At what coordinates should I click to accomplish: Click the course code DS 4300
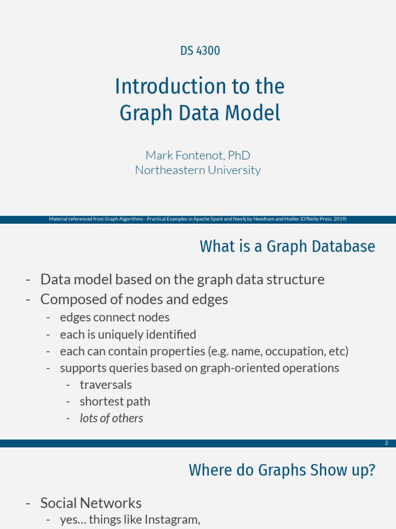pyautogui.click(x=200, y=51)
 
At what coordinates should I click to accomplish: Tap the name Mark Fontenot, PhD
pyautogui.click(x=198, y=155)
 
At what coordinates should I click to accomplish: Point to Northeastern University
pyautogui.click(x=198, y=170)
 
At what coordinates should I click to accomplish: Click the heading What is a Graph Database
pyautogui.click(x=287, y=246)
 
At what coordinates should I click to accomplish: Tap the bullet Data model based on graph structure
pyautogui.click(x=182, y=279)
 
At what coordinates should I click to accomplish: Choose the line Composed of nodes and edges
pyautogui.click(x=134, y=299)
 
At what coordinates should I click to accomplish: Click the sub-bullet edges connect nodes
pyautogui.click(x=114, y=317)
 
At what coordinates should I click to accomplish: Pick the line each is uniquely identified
pyautogui.click(x=128, y=334)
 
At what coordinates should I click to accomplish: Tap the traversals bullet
pyautogui.click(x=106, y=385)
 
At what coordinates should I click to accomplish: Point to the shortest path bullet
pyautogui.click(x=115, y=401)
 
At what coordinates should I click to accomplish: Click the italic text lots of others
pyautogui.click(x=111, y=418)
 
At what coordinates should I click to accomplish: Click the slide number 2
pyautogui.click(x=386, y=443)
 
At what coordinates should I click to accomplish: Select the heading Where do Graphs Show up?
pyautogui.click(x=282, y=470)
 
